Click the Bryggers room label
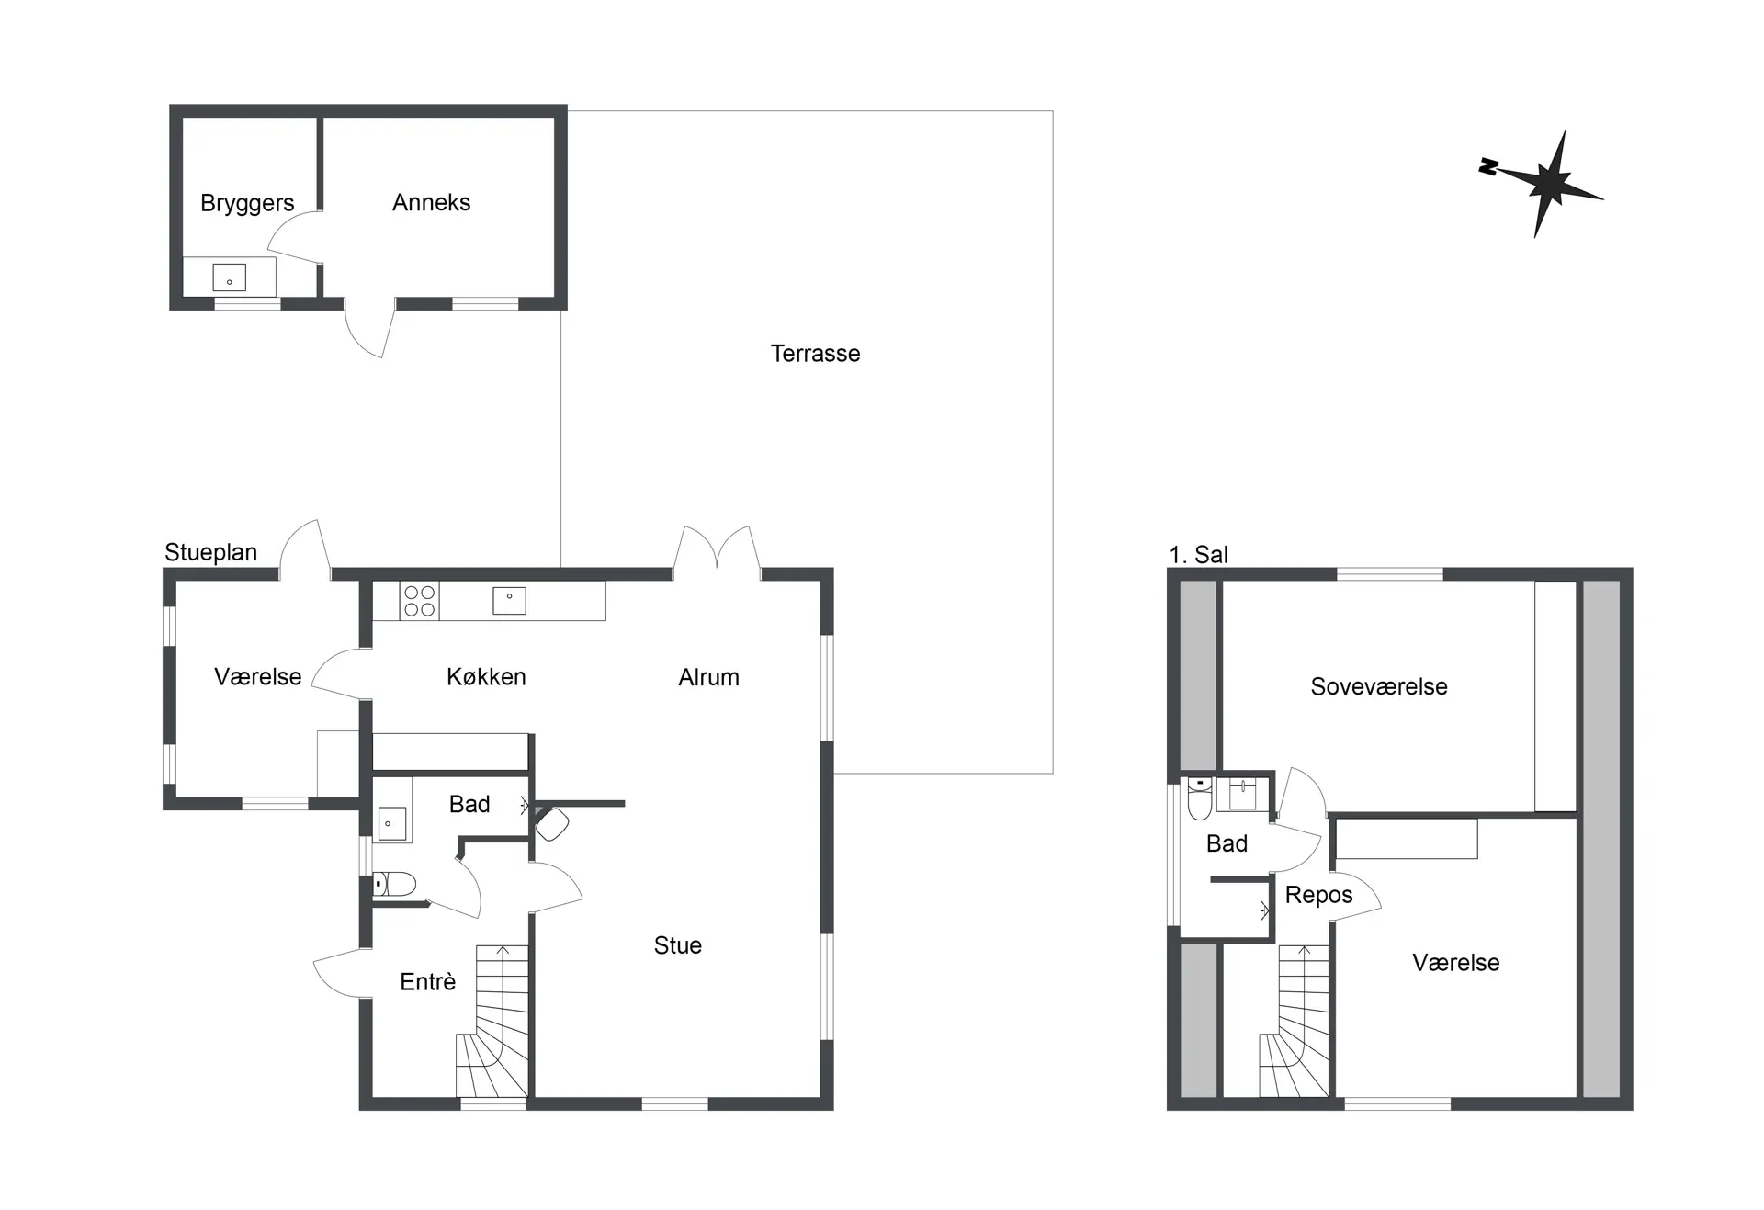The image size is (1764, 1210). pos(247,203)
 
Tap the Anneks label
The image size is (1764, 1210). pos(431,202)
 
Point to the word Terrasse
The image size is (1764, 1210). pos(815,354)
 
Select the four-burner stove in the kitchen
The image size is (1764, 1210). pos(419,601)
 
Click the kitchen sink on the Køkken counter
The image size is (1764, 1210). pos(509,601)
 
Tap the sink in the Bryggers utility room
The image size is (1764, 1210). pos(229,277)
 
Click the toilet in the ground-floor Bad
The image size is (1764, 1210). pos(394,885)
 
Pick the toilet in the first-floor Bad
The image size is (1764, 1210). pos(1200,797)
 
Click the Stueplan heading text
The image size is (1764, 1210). pos(210,552)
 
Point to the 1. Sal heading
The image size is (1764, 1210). pos(1198,555)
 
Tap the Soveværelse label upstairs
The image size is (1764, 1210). pos(1378,686)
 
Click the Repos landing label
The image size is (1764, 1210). pos(1318,895)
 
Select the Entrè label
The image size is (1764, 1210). pos(427,982)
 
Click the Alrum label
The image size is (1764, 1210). pos(708,677)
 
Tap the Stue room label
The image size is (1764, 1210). pos(677,945)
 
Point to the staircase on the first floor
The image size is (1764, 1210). pos(1295,1020)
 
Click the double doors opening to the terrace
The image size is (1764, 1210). pos(717,551)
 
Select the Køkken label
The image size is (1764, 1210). pos(486,677)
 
